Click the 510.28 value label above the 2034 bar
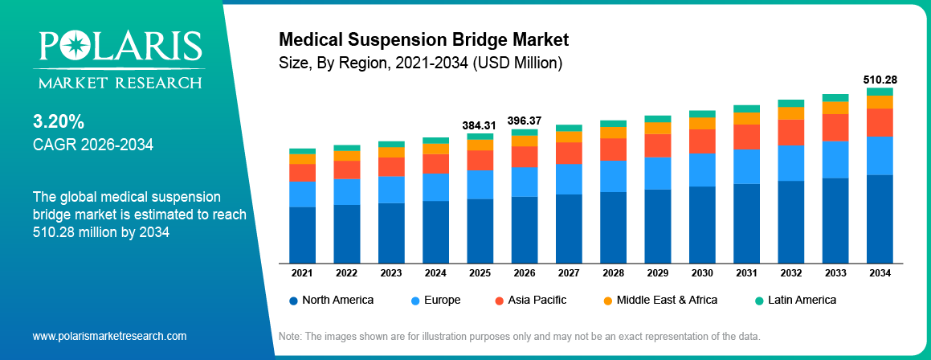coord(880,80)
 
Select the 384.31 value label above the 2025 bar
coord(480,125)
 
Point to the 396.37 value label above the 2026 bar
coord(525,121)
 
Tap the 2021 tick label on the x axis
coord(302,273)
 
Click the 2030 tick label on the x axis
coord(702,273)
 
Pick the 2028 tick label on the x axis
coord(613,273)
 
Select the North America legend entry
coord(331,300)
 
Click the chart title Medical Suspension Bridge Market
coord(423,39)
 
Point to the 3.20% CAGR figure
coord(59,122)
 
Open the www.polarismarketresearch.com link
coord(109,336)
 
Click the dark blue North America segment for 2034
coord(880,219)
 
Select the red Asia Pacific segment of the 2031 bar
coord(746,137)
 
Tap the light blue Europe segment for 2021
coord(302,194)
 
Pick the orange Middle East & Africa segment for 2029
coord(658,128)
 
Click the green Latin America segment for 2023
coord(391,144)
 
